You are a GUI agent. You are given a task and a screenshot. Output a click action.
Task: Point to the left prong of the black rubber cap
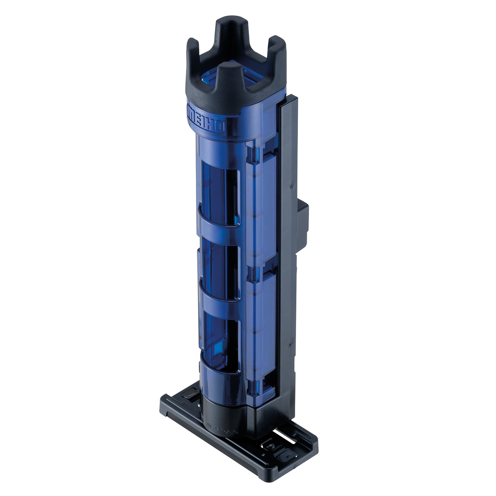point(193,47)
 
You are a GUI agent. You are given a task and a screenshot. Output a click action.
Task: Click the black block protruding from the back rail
point(303,222)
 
